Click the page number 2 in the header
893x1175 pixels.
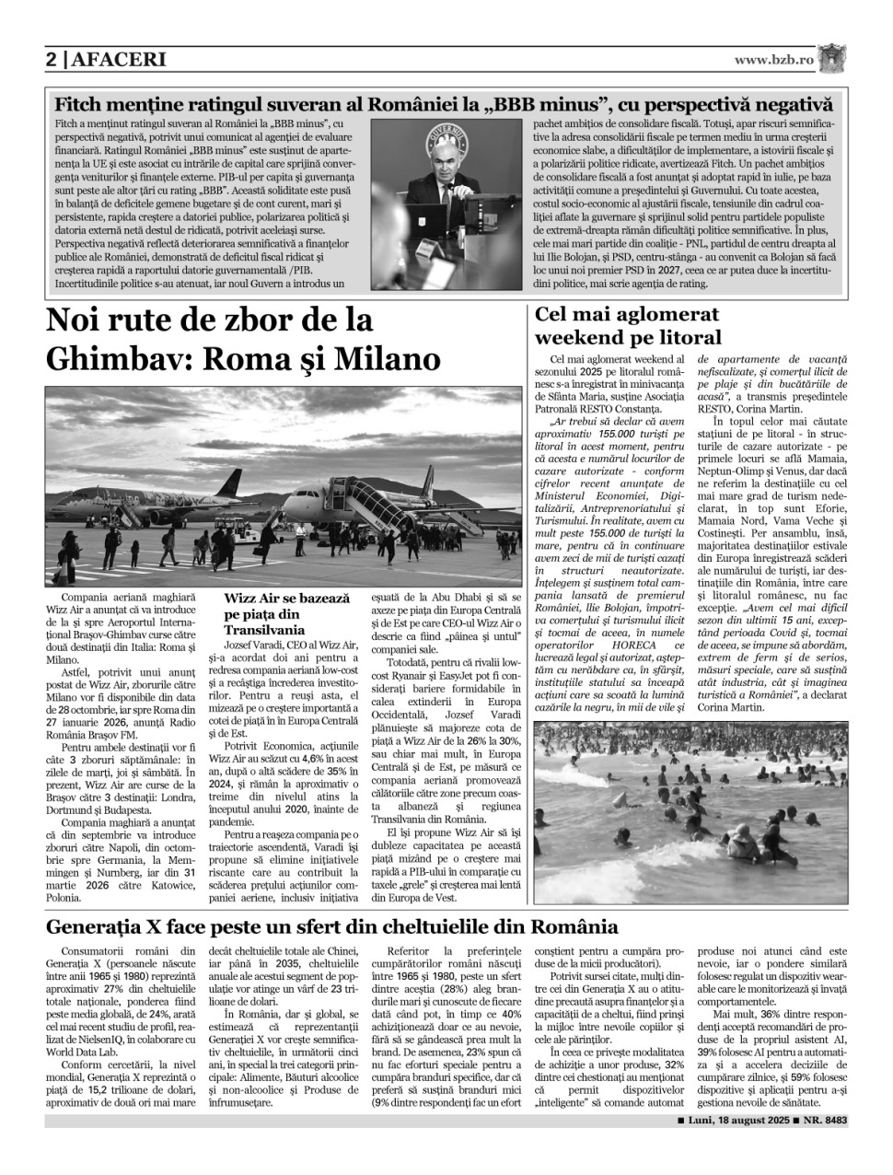[52, 61]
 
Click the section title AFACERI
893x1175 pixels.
[117, 61]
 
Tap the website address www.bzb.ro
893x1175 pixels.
[773, 60]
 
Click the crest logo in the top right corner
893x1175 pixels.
[834, 58]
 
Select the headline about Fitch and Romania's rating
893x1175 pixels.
[443, 105]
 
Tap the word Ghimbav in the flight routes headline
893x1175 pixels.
[110, 356]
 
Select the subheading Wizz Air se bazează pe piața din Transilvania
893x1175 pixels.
[286, 612]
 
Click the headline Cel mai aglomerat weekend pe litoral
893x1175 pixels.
[627, 325]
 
